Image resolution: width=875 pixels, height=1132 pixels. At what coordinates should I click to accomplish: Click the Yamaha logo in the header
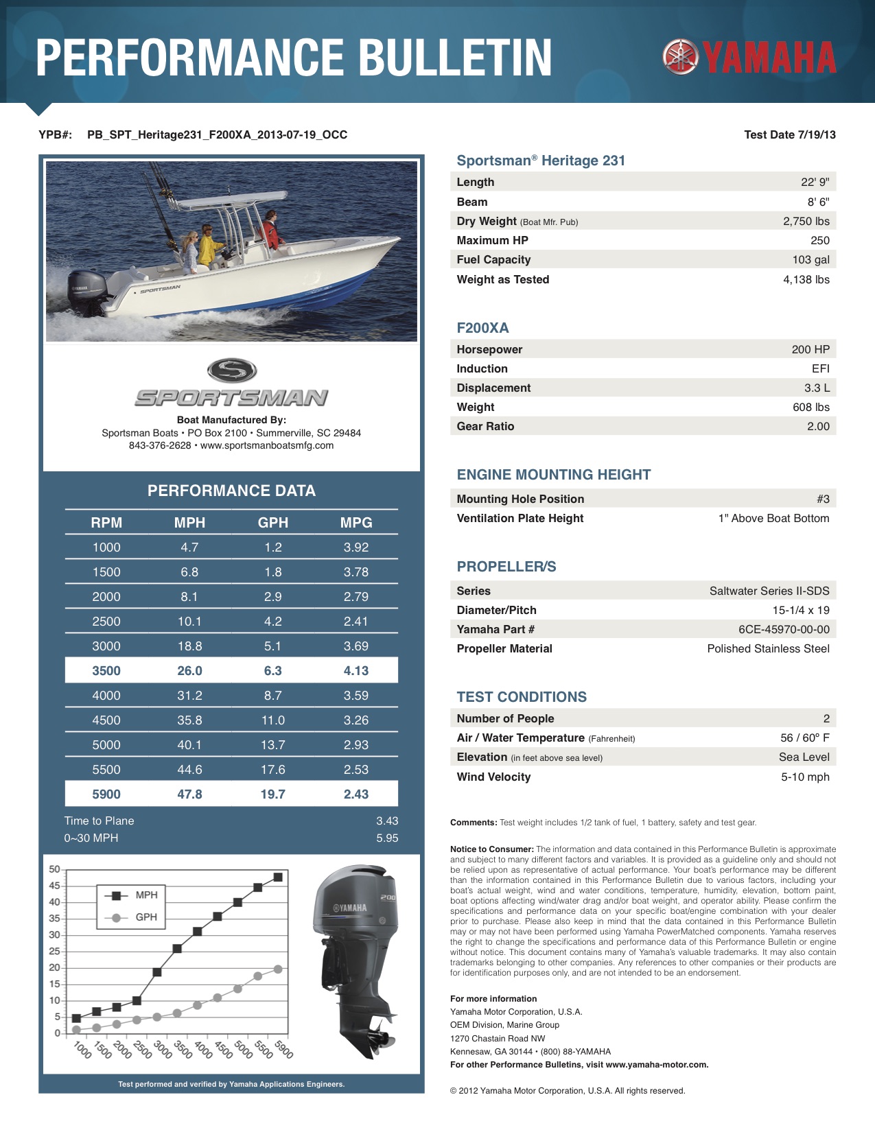pos(749,57)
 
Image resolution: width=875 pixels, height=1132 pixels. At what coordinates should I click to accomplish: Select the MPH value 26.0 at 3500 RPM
pos(189,671)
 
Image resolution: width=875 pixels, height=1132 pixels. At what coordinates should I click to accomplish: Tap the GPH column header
pos(272,523)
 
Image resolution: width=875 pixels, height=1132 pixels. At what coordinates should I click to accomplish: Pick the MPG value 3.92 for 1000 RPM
pos(356,547)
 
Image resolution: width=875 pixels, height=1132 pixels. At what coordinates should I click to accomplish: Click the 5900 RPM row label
pos(106,794)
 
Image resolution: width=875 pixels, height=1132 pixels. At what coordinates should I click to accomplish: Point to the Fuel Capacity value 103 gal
pos(810,260)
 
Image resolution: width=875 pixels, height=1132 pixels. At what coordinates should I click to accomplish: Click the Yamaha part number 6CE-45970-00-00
pos(784,630)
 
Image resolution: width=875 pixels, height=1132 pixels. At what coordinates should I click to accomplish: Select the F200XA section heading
pos(483,329)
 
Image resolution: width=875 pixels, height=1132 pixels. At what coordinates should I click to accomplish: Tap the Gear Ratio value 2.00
pos(818,427)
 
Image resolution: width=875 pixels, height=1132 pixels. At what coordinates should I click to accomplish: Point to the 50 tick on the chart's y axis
pos(55,869)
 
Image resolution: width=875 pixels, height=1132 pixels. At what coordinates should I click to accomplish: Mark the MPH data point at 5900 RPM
pos(278,877)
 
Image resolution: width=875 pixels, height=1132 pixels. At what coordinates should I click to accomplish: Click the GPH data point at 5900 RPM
pos(278,969)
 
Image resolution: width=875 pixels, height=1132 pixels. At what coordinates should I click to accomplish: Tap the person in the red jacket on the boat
pos(271,231)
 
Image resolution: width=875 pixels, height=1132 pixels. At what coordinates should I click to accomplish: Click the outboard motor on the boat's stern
pos(86,293)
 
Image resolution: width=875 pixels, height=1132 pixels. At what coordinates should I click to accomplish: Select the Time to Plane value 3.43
pos(387,821)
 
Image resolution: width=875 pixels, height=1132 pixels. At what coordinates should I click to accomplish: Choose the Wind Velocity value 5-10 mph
pos(805,777)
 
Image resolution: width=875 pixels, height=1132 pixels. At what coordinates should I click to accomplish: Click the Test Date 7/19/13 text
pos(790,135)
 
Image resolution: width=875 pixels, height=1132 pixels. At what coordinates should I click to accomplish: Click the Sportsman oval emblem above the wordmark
pos(232,371)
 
